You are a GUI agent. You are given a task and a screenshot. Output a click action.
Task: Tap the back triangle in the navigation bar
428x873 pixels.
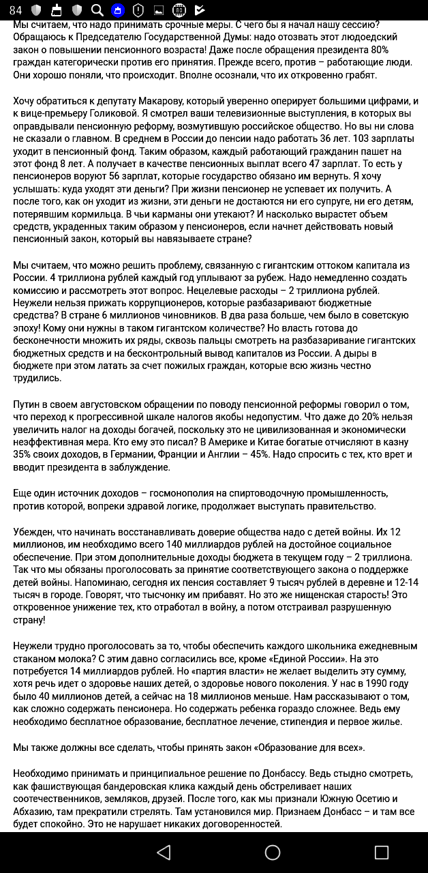coord(164,852)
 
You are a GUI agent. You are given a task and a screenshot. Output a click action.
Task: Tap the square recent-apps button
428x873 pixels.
coord(382,852)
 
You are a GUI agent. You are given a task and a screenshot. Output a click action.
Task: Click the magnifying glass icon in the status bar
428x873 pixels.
coord(97,10)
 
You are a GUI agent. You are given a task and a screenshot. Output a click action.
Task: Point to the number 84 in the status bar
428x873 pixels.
coord(16,10)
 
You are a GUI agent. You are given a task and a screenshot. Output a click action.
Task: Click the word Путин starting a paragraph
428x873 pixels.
coord(27,405)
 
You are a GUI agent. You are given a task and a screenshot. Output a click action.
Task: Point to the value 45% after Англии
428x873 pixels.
coord(263,454)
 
